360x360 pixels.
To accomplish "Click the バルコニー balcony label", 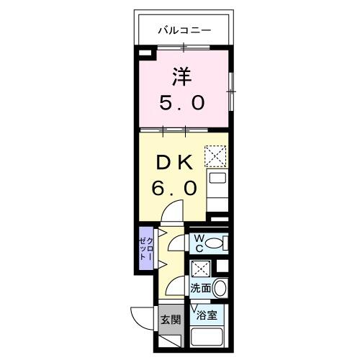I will point(184,30).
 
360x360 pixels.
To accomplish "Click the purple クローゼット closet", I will point(145,250).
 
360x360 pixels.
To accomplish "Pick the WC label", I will point(197,243).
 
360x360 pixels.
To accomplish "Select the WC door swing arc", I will point(175,242).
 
